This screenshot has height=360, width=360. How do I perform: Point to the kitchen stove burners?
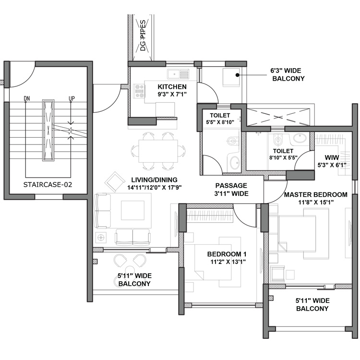coord(140,91)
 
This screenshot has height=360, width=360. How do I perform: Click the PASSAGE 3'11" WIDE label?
coord(231,189)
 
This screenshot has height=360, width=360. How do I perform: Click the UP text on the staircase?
coord(72,99)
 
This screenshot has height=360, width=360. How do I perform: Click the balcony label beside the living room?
coord(134,280)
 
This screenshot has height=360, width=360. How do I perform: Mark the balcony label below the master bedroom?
coord(312,304)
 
